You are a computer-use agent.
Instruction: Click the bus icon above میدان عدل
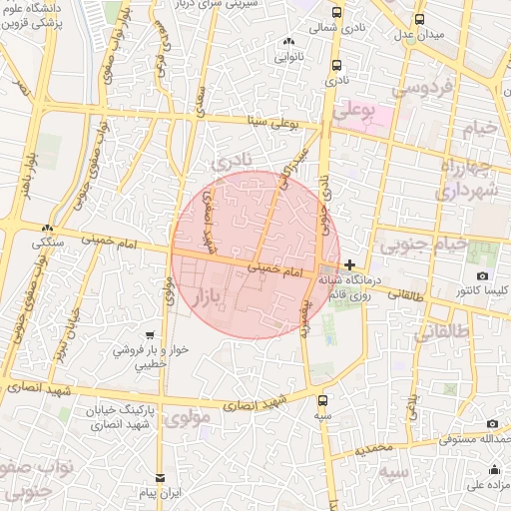pos(420,19)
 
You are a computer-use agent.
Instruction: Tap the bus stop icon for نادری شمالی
pos(337,13)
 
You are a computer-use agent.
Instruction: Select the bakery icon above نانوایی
pos(289,41)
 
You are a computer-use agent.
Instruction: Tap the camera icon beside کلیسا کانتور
pos(482,276)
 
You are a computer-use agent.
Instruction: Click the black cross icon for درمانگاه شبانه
pos(349,264)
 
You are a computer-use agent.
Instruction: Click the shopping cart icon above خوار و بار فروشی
pos(149,336)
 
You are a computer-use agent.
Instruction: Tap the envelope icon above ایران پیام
pos(160,478)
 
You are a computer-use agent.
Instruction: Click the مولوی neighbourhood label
pos(189,417)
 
